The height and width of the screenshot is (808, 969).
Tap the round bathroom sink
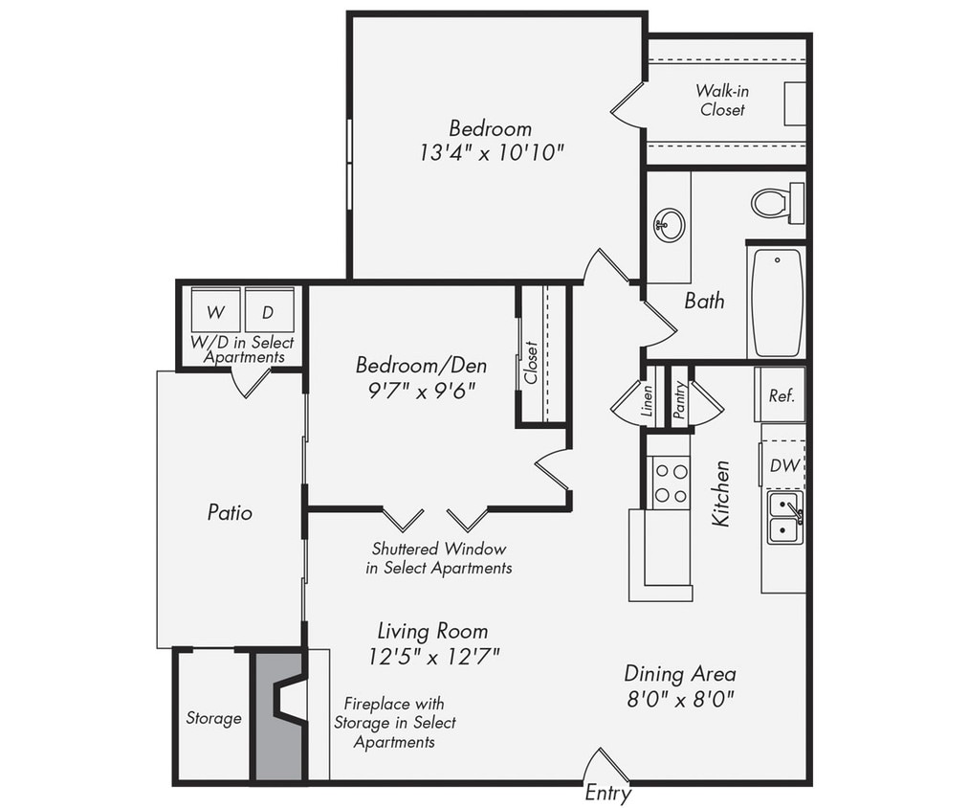[669, 226]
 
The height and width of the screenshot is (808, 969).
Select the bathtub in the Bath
[776, 303]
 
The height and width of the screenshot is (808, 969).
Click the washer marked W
[216, 311]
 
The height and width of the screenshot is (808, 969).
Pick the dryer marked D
[269, 311]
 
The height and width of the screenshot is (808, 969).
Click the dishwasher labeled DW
[784, 465]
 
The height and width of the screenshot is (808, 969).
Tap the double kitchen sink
[784, 518]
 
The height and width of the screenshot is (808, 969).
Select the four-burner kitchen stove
[670, 483]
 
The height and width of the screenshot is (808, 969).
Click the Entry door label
[607, 794]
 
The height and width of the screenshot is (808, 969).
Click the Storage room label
[213, 718]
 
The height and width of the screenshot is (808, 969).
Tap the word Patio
[230, 512]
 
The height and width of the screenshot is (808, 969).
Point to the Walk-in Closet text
[721, 100]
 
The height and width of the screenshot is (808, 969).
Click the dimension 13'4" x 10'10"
[491, 152]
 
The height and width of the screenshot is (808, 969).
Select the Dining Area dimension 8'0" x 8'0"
[680, 698]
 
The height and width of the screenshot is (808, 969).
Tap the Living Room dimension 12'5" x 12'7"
[432, 656]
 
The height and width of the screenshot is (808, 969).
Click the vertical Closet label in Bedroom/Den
[532, 362]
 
